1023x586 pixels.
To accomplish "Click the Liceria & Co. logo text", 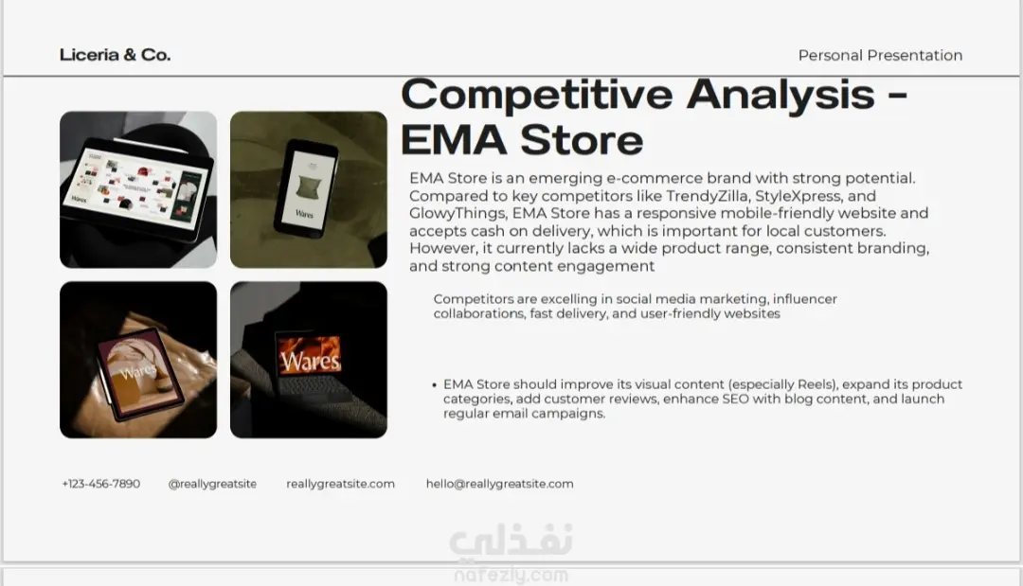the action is pyautogui.click(x=115, y=55).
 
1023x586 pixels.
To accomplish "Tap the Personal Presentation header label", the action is pyautogui.click(x=880, y=56).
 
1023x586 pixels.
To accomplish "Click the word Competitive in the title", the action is pyautogui.click(x=536, y=96).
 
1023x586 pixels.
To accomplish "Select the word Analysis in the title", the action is pyautogui.click(x=781, y=96).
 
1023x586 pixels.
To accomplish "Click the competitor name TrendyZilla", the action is pyautogui.click(x=708, y=196).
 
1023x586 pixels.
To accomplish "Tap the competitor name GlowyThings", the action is pyautogui.click(x=458, y=213).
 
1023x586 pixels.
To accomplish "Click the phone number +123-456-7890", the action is pyautogui.click(x=101, y=484).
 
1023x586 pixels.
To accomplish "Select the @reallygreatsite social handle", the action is pyautogui.click(x=212, y=484).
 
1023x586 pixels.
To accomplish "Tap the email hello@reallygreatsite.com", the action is pyautogui.click(x=500, y=484).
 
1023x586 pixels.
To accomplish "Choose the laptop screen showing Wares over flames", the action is pyautogui.click(x=309, y=355).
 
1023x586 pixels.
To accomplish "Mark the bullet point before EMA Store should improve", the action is pyautogui.click(x=435, y=385).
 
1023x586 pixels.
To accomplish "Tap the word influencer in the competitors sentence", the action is pyautogui.click(x=804, y=299).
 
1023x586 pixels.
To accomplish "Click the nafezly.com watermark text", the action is pyautogui.click(x=511, y=576).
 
